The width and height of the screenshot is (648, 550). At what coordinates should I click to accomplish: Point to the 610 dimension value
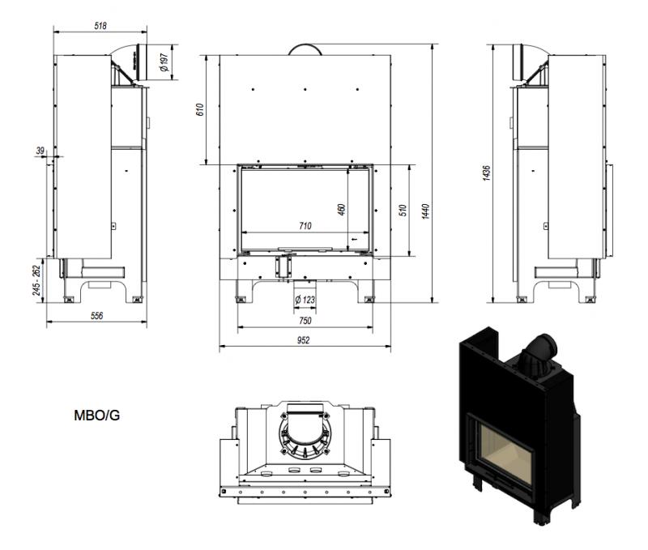(x=200, y=109)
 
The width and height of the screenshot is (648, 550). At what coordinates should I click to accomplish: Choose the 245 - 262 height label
(x=37, y=279)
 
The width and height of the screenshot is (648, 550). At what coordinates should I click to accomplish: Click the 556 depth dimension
(x=96, y=316)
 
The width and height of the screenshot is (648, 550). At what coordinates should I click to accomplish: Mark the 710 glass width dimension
(x=305, y=226)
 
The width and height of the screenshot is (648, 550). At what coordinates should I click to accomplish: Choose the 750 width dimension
(x=305, y=321)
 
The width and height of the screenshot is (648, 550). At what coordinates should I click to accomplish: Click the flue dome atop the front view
(x=305, y=49)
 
